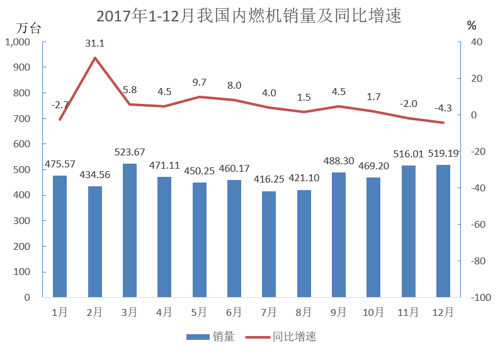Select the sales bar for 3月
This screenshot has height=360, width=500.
pos(130,230)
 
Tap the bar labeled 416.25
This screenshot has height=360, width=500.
pos(269,244)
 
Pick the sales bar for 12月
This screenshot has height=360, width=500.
pos(443,231)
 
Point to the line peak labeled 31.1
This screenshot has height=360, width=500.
pos(95,58)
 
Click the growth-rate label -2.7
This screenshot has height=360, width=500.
pos(60,104)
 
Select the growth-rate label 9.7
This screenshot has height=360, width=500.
pos(200,82)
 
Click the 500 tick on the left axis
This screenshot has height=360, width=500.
pos(22,170)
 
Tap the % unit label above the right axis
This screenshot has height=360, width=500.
pos(472,26)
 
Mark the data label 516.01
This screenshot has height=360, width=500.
pos(408,154)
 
